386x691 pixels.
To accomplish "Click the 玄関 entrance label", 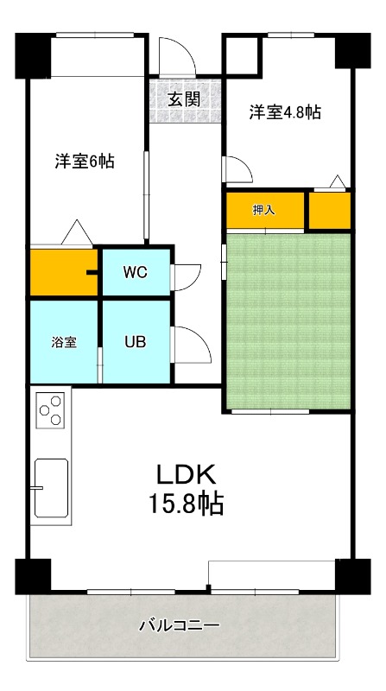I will tap(184, 99).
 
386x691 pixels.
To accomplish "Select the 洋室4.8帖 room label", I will tap(286, 112).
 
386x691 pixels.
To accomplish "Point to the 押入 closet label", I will tap(263, 210).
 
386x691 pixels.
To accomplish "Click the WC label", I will tap(135, 272).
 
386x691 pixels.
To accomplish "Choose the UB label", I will tap(135, 340).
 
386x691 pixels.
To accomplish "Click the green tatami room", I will tap(288, 320).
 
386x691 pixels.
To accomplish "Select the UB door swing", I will tap(192, 345).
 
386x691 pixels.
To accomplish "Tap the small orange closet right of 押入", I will tap(330, 211).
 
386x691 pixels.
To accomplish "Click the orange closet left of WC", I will tap(64, 273).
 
